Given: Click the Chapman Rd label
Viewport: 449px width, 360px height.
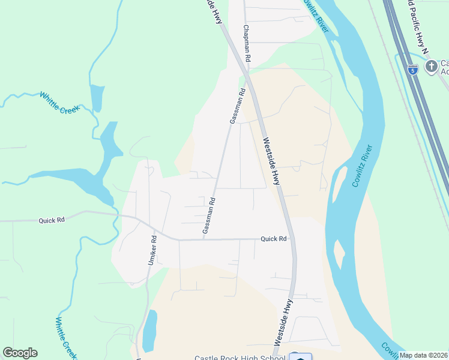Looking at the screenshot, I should [x=246, y=44].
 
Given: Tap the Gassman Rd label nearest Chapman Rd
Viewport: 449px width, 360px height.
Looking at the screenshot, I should [x=238, y=106].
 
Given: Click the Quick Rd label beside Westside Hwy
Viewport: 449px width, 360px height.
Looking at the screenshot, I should [x=274, y=239].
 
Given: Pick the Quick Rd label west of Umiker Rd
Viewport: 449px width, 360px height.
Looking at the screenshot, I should [x=51, y=220].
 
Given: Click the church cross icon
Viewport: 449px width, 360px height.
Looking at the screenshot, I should [x=431, y=67].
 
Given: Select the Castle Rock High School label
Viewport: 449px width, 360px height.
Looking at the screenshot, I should [x=240, y=358].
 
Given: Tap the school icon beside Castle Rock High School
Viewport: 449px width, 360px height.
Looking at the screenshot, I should [x=300, y=356].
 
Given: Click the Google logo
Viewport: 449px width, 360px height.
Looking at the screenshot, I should [x=20, y=353].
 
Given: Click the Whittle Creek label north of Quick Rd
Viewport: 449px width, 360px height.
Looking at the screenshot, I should [x=59, y=103].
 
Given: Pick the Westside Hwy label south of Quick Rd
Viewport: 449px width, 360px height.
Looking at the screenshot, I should [x=283, y=322].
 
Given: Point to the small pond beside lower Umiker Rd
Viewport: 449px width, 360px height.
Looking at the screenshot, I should [x=149, y=331].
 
